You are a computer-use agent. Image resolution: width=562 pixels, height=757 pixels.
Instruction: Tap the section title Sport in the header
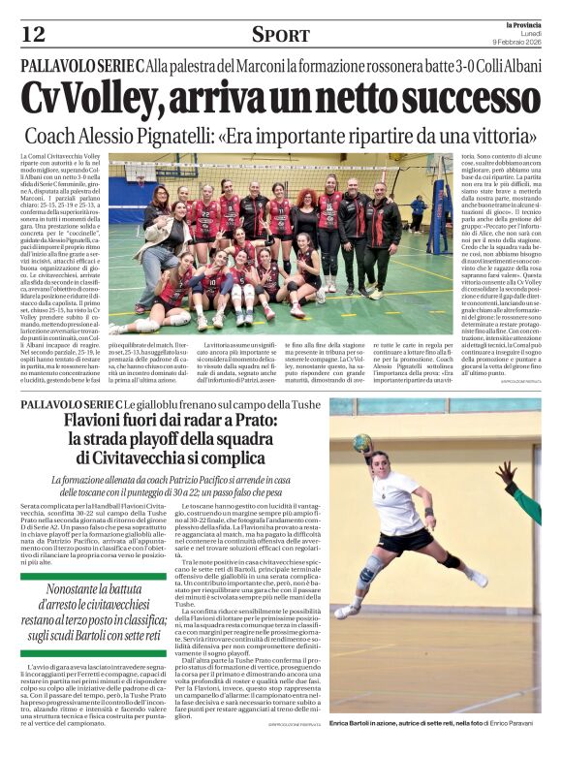click(281, 36)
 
